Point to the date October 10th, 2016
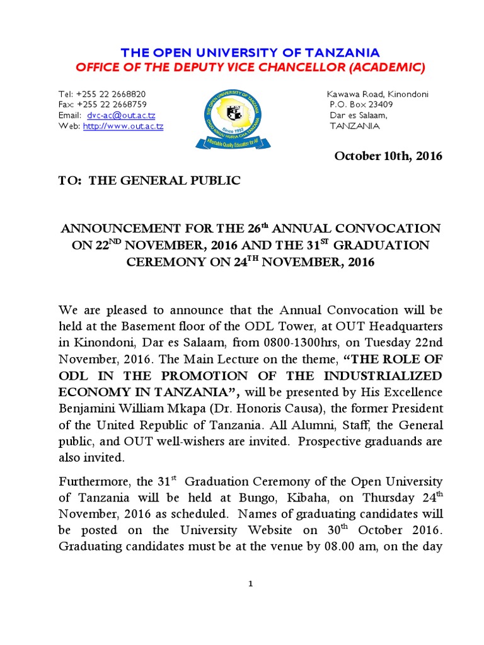click(388, 156)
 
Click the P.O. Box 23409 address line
click(361, 105)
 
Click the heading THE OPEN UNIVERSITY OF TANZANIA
click(241, 52)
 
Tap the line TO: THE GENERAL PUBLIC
click(149, 181)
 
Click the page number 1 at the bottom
click(250, 584)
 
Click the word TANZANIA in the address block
click(355, 127)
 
